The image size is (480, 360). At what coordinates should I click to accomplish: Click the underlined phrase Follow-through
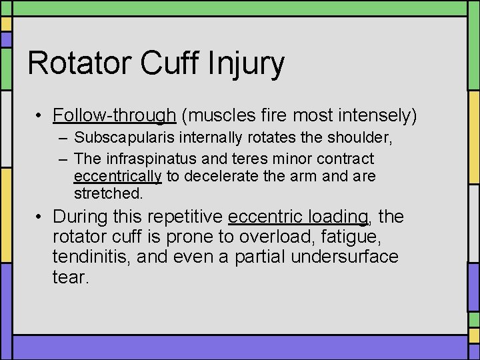click(x=114, y=116)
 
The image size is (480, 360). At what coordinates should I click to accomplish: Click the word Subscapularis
click(x=121, y=139)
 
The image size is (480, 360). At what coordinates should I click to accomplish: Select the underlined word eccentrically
click(x=117, y=177)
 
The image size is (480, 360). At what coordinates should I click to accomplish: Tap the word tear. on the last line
click(x=70, y=277)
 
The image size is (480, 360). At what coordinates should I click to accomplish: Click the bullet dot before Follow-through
click(x=40, y=116)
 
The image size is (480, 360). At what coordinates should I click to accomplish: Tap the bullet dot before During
click(x=40, y=217)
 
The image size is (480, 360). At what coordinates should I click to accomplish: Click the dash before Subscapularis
click(x=62, y=139)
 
